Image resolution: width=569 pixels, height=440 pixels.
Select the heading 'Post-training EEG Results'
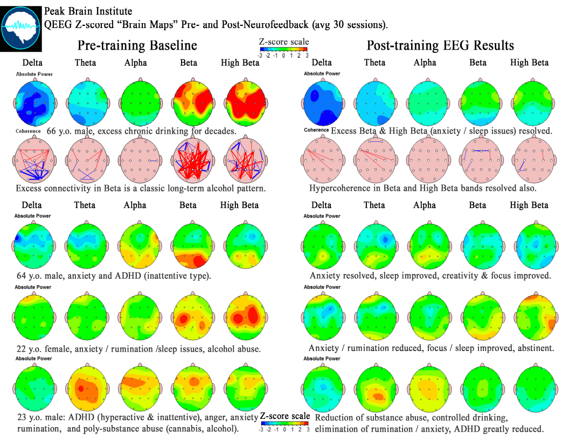click(x=440, y=45)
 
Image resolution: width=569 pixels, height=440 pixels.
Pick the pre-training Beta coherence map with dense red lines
click(x=189, y=159)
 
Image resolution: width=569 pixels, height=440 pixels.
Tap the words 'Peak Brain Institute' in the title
click(x=88, y=11)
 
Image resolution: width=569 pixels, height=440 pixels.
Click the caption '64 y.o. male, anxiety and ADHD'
click(x=114, y=276)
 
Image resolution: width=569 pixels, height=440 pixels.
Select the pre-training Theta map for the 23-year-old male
click(x=85, y=388)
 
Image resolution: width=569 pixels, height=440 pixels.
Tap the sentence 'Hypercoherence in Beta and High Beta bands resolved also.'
click(x=422, y=189)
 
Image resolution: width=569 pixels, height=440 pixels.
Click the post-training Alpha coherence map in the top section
click(x=425, y=159)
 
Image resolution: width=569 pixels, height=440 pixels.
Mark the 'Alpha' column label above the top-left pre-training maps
click(x=135, y=63)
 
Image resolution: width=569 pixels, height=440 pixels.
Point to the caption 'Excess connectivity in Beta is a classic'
click(x=141, y=189)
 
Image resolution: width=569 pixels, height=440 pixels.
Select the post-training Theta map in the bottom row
click(x=374, y=388)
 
